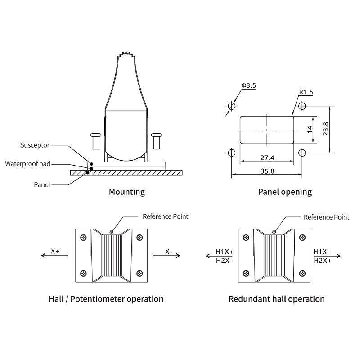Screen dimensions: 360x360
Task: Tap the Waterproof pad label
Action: (27, 164)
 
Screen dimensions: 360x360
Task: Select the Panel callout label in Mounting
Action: (42, 184)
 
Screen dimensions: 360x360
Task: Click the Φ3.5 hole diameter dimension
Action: (248, 85)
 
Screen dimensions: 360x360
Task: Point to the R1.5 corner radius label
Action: (306, 92)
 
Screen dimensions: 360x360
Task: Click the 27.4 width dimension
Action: (267, 157)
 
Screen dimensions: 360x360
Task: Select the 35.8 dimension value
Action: (267, 171)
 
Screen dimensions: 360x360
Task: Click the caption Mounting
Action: (127, 192)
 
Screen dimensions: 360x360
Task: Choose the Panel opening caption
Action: (285, 192)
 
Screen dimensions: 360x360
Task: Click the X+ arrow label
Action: (55, 251)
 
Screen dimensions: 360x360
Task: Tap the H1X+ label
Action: (225, 252)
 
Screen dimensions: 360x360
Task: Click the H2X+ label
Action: (323, 261)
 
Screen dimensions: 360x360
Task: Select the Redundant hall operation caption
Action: (276, 299)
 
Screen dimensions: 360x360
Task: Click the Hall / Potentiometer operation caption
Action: (106, 299)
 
